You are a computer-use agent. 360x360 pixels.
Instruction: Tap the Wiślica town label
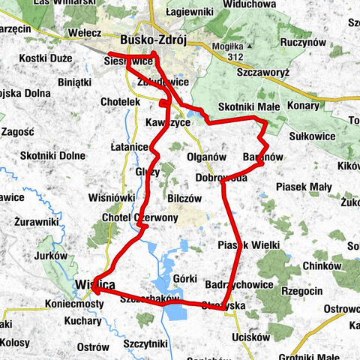click(95, 284)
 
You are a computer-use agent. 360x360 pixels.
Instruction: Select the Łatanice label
click(130, 147)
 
